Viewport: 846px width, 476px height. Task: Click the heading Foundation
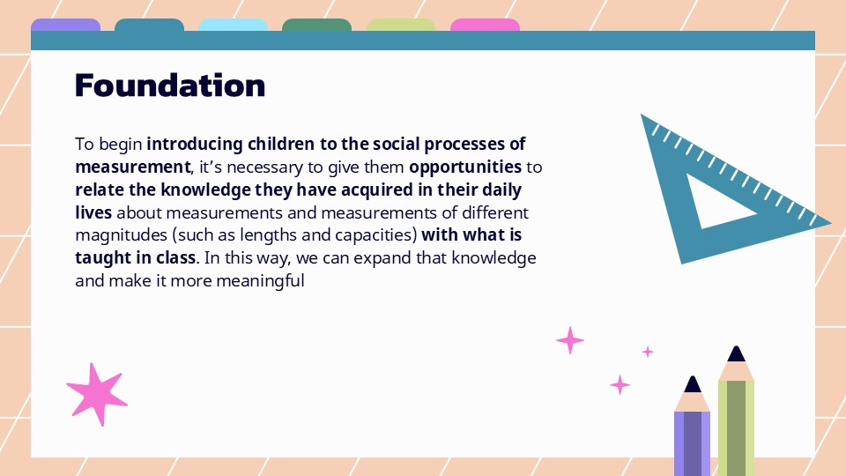tap(170, 86)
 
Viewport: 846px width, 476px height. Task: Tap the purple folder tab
tap(65, 25)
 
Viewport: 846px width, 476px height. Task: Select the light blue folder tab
tap(233, 25)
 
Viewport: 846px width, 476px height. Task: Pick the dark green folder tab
tap(316, 25)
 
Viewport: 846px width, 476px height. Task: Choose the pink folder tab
tap(485, 25)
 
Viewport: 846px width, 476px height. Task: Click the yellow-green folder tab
tap(401, 25)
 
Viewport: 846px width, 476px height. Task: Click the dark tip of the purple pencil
tap(693, 385)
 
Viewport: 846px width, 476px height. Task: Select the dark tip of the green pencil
tap(736, 353)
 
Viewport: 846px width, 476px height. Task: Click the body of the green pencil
tap(736, 423)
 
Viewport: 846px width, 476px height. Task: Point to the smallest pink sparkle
tap(648, 352)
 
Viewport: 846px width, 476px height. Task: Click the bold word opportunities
tap(465, 167)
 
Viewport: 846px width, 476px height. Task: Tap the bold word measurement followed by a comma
tap(132, 167)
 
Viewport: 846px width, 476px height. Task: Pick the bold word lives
tap(93, 212)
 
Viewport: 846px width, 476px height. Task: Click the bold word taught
tap(102, 258)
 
